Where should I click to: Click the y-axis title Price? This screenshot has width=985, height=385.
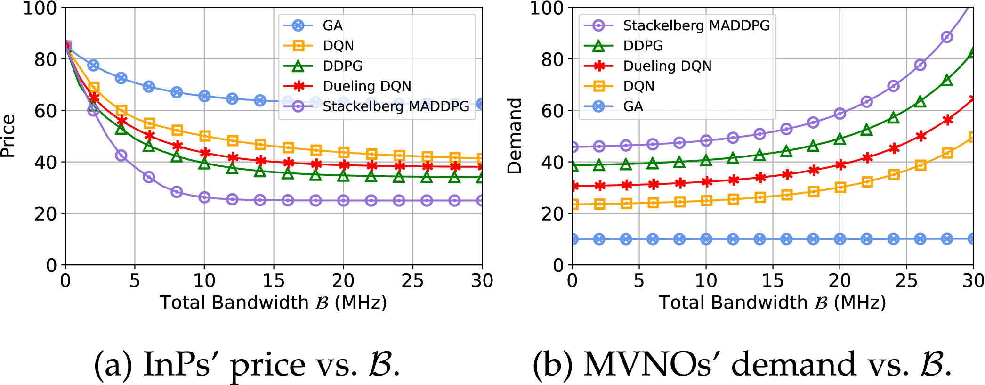(8, 136)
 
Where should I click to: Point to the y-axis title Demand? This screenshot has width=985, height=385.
(515, 136)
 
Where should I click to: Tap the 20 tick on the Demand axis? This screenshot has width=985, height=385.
(552, 214)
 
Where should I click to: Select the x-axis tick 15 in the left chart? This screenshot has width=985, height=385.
(274, 281)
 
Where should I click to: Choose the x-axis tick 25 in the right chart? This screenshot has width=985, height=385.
(906, 281)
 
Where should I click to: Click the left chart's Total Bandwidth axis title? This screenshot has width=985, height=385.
(273, 303)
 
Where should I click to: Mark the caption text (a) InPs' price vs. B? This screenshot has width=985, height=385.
(247, 365)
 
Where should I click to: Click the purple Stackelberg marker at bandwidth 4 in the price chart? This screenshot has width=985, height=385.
(121, 156)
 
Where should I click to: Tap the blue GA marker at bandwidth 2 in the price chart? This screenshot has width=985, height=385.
(93, 66)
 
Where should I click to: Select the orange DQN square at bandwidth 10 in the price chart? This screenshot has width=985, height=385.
(204, 136)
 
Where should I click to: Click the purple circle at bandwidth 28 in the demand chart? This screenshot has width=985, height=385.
(947, 37)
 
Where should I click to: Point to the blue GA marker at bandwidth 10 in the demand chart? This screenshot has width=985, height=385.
(706, 239)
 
